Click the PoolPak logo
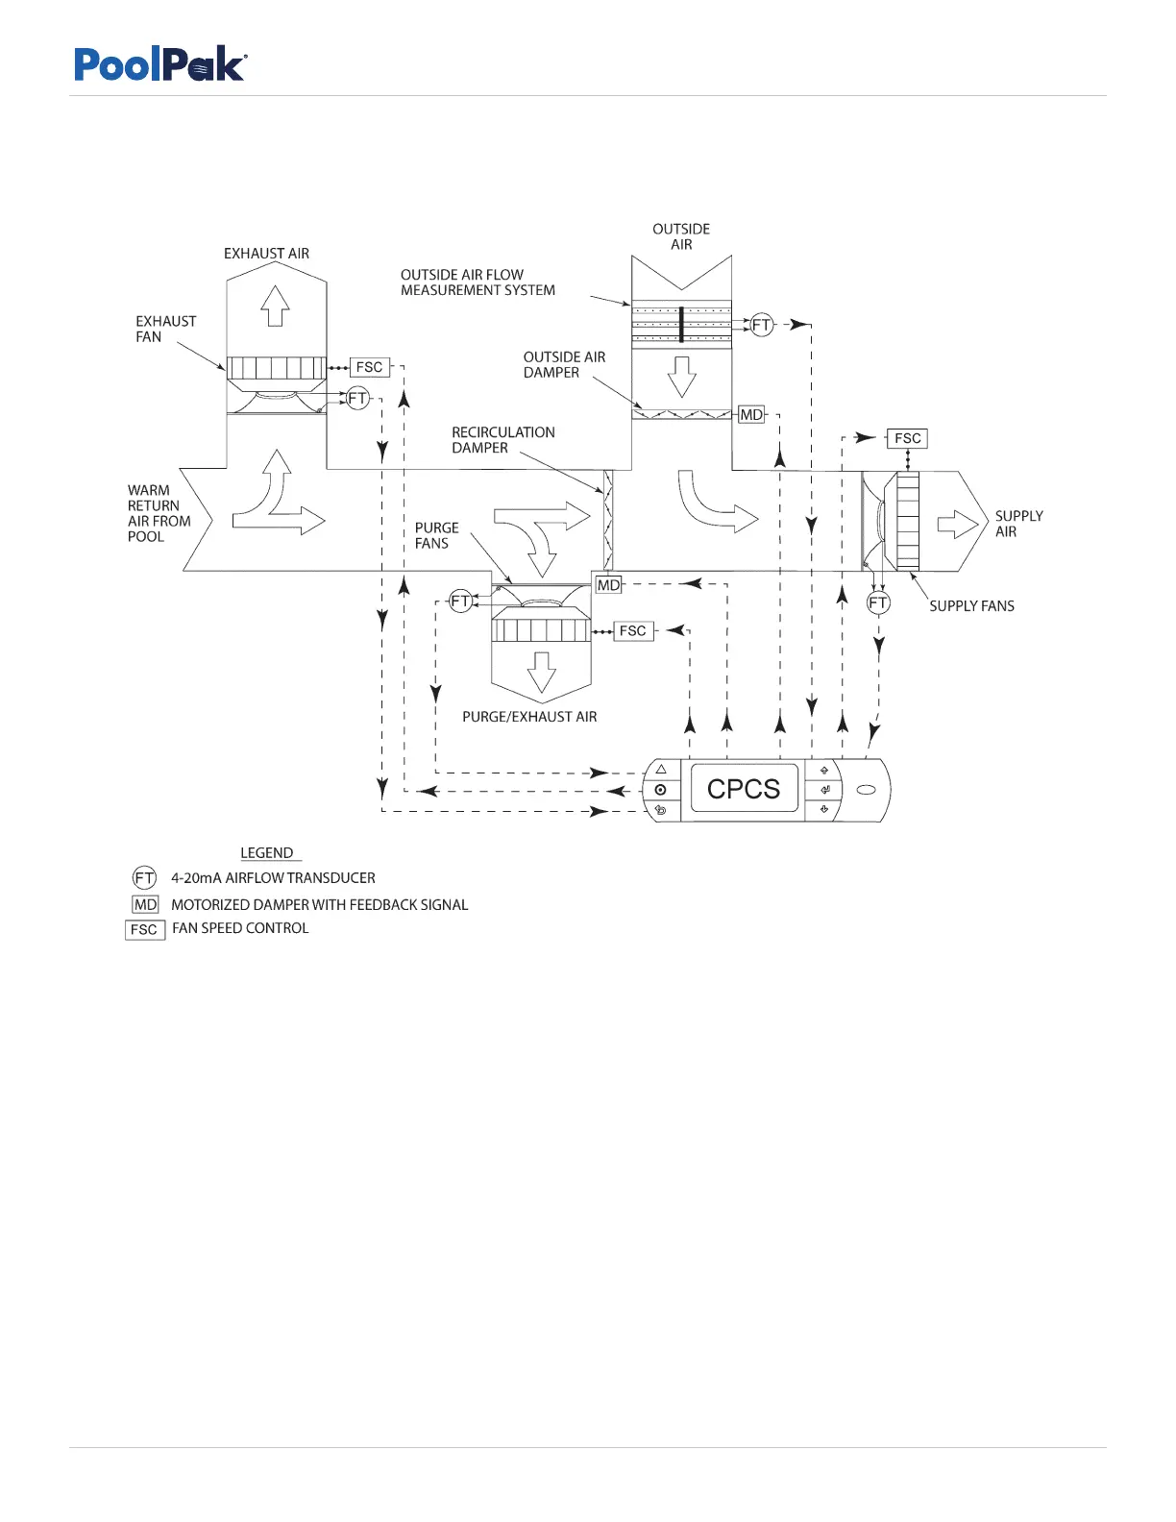click(160, 64)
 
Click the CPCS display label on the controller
click(744, 789)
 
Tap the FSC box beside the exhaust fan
click(370, 367)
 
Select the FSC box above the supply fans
click(907, 438)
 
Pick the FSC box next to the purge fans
click(632, 630)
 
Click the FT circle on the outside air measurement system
click(761, 325)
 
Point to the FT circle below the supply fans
click(878, 602)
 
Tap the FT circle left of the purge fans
click(461, 601)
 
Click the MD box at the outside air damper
click(751, 414)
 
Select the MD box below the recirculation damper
click(609, 584)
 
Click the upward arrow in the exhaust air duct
click(276, 306)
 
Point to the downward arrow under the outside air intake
click(682, 376)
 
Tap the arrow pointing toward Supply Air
click(957, 524)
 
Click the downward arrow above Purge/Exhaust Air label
click(542, 672)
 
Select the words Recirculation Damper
click(502, 440)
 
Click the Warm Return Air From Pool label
click(159, 513)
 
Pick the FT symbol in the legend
click(144, 877)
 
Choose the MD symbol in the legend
click(145, 904)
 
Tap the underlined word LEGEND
click(267, 852)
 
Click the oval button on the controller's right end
click(865, 790)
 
